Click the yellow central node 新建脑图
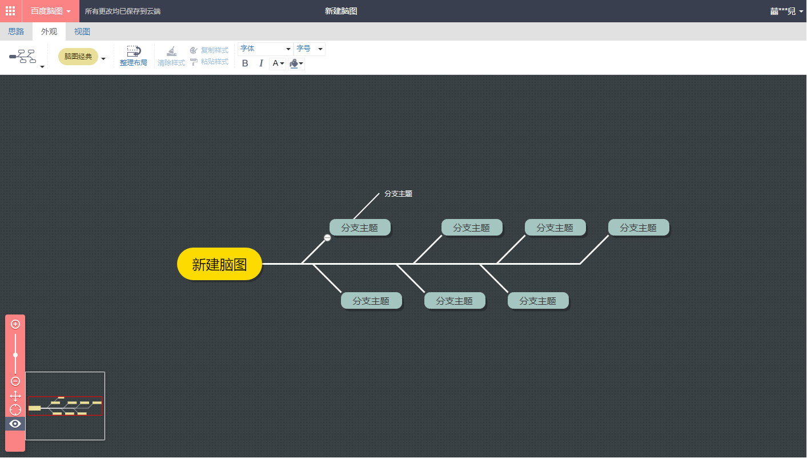[x=219, y=264]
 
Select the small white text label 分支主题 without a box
[x=398, y=194]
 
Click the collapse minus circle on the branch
[x=327, y=238]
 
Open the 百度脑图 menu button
[x=50, y=11]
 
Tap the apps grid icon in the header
[x=10, y=11]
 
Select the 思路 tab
[x=16, y=31]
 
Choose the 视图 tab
[x=82, y=31]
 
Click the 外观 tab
[x=49, y=31]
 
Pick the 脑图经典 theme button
[x=78, y=57]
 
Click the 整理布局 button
[x=133, y=56]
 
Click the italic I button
[x=261, y=63]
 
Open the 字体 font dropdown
[x=266, y=49]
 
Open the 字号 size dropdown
[x=310, y=49]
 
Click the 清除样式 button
[x=171, y=56]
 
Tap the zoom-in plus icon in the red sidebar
[x=15, y=324]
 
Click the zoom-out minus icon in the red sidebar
[x=15, y=381]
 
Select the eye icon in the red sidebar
[x=15, y=424]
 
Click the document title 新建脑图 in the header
[x=341, y=11]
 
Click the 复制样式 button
[x=209, y=50]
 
